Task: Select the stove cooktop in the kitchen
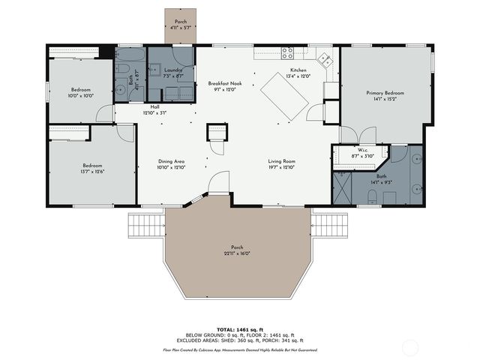pyautogui.click(x=286, y=52)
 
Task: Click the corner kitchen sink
pyautogui.click(x=324, y=58)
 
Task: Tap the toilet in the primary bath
pyautogui.click(x=373, y=196)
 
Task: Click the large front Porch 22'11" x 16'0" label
pyautogui.click(x=237, y=250)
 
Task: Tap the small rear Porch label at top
pyautogui.click(x=181, y=23)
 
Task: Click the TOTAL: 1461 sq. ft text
pyautogui.click(x=239, y=329)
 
